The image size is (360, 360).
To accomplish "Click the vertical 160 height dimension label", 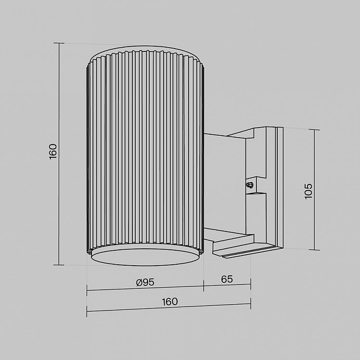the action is click(53, 152).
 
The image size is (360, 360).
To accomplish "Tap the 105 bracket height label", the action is click(309, 191).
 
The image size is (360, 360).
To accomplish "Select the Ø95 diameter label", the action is click(145, 282).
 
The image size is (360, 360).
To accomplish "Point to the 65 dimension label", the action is click(227, 279).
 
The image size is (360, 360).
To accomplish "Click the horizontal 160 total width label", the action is click(170, 302).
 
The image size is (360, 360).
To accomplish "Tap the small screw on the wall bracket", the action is click(250, 185).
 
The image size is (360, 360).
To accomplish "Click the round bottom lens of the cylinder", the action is click(145, 257).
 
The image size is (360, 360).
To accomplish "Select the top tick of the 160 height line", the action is click(59, 43).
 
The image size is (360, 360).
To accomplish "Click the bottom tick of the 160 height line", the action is click(59, 265).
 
